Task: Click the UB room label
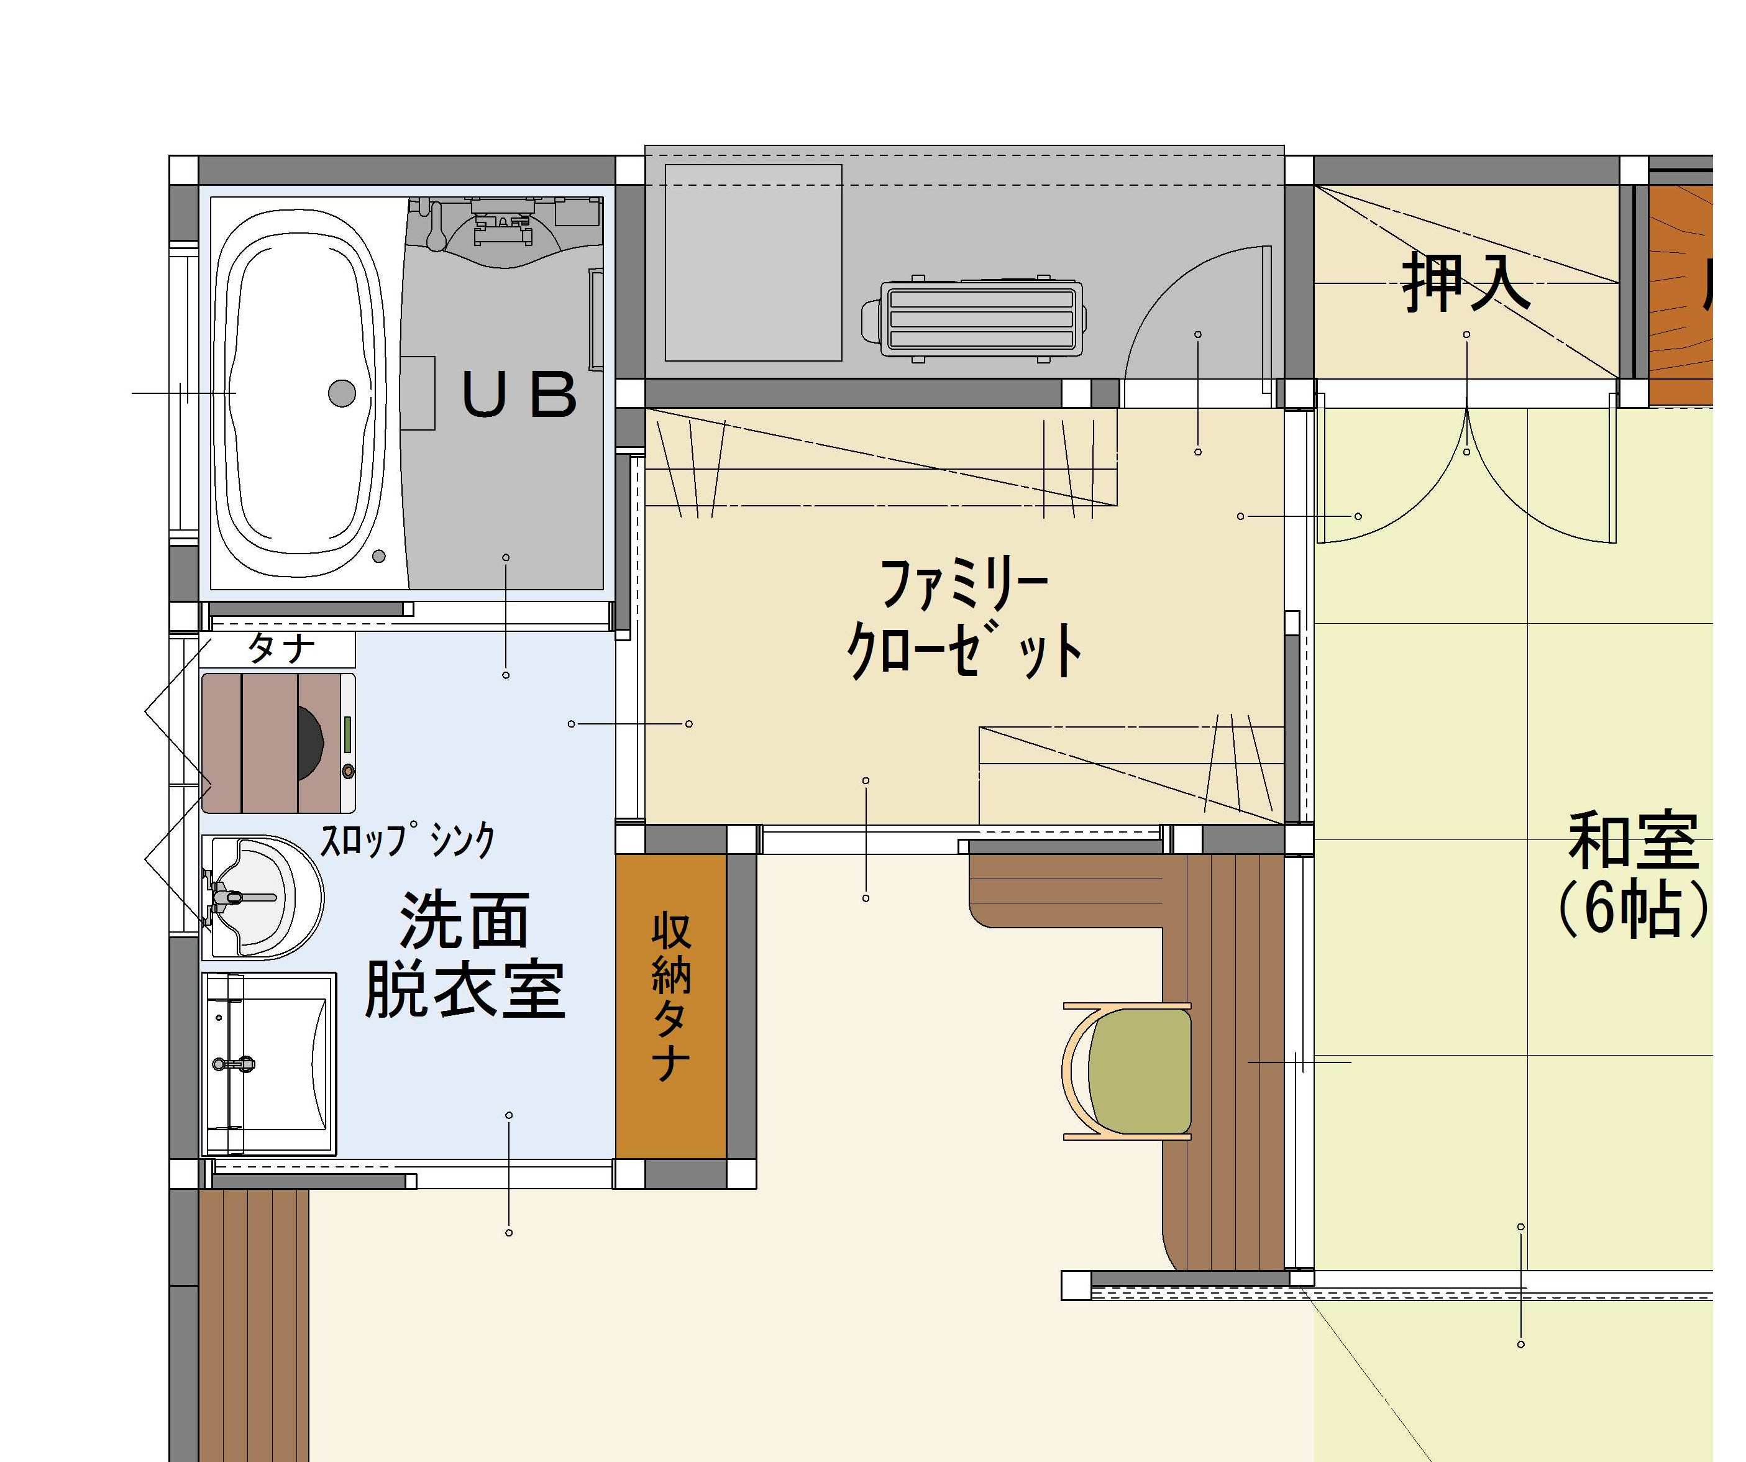click(x=519, y=395)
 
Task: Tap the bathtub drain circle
click(x=342, y=393)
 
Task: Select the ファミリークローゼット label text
click(x=964, y=617)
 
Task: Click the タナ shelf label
click(x=281, y=649)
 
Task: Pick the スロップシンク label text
click(x=408, y=840)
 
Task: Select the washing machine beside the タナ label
click(x=278, y=742)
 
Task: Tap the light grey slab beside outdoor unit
click(x=753, y=262)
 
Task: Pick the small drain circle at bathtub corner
click(x=379, y=556)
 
